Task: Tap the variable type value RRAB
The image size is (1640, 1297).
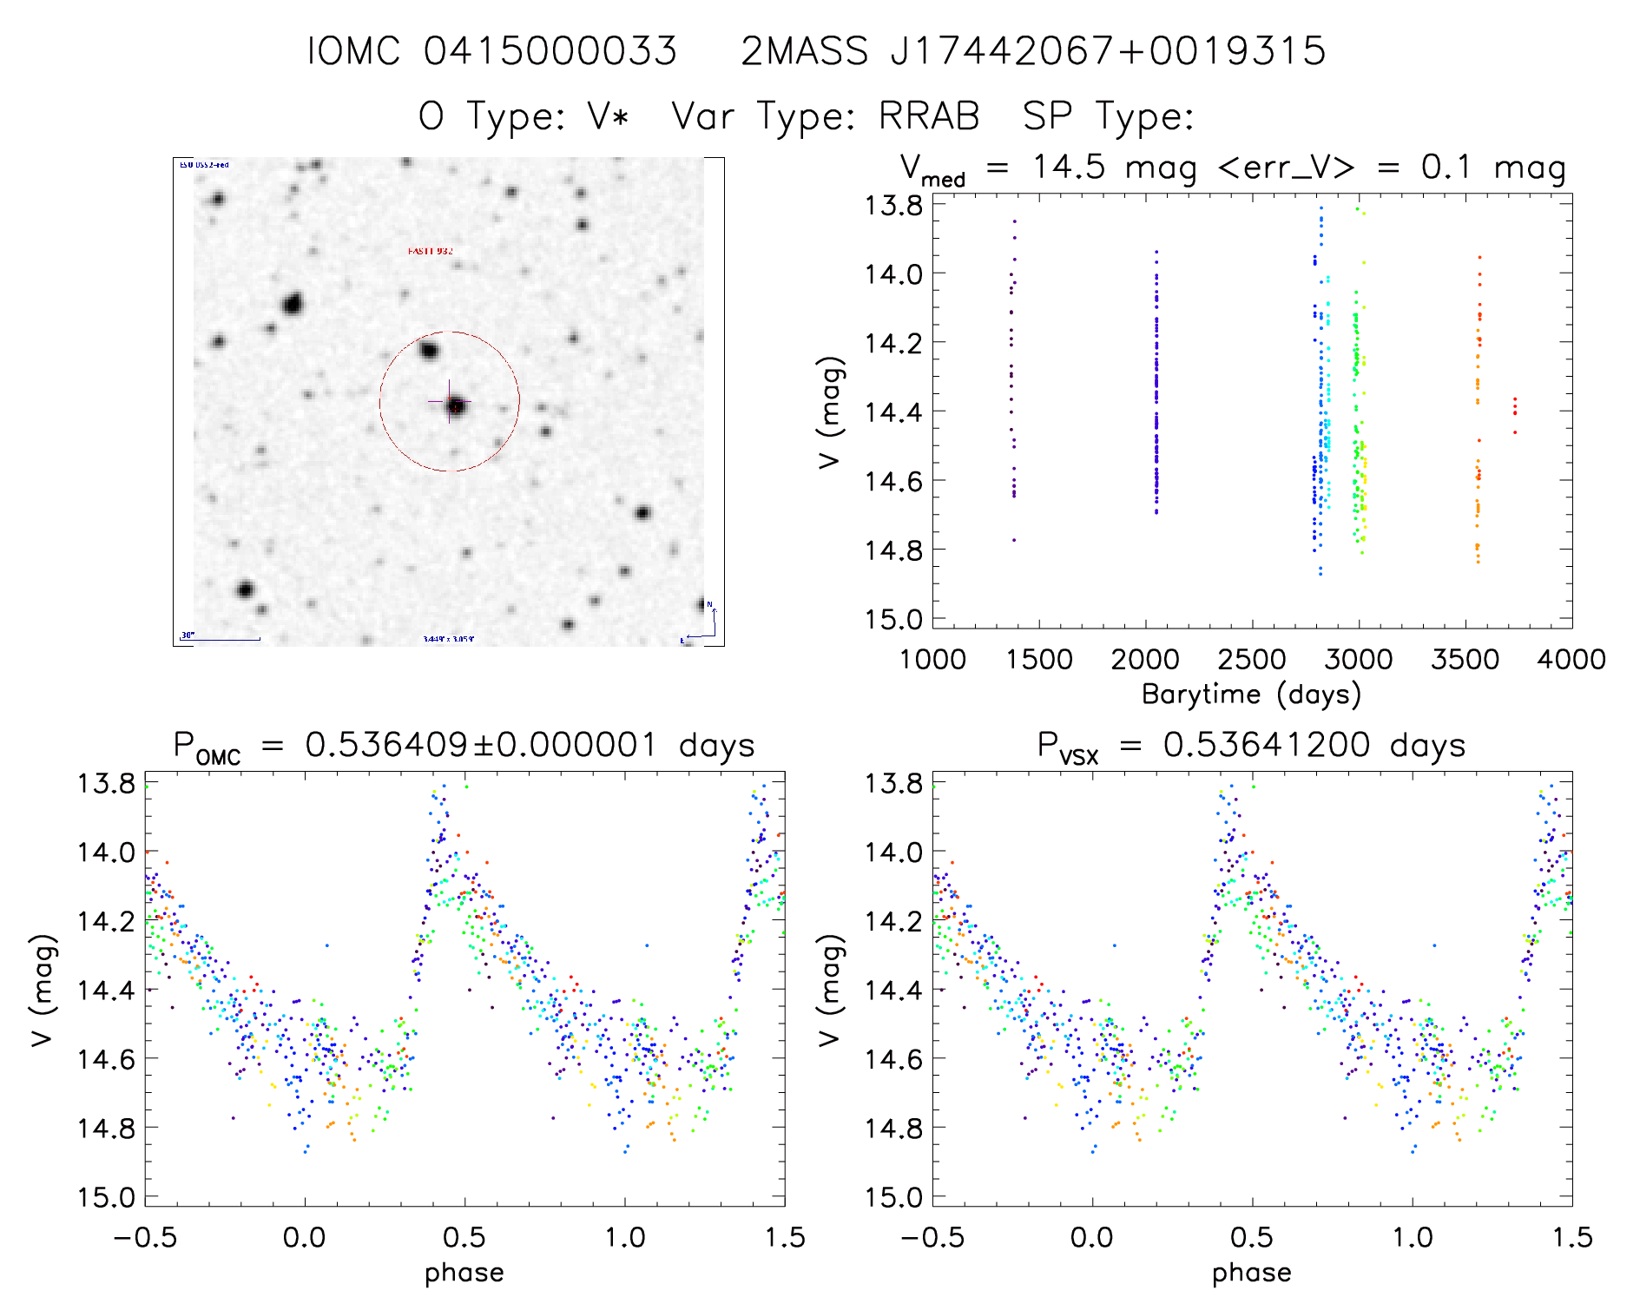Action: (x=929, y=116)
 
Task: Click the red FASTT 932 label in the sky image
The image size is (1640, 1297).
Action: (x=431, y=251)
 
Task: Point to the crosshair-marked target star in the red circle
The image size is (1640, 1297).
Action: (x=455, y=405)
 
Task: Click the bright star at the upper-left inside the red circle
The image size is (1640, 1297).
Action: (x=428, y=351)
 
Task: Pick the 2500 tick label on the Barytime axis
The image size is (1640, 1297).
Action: (x=1252, y=660)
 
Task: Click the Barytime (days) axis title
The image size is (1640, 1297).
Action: (x=1251, y=695)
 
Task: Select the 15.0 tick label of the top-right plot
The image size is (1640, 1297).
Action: (x=892, y=619)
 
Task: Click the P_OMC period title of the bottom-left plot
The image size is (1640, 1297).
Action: (x=464, y=746)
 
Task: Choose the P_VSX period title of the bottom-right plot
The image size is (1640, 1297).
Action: (x=1251, y=746)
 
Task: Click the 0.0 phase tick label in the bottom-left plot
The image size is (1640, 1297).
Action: (x=305, y=1238)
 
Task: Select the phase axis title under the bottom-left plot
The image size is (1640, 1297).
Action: (x=464, y=1273)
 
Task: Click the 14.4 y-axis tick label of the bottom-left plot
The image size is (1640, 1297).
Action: (x=106, y=990)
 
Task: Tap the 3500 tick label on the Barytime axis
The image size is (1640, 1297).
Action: (x=1465, y=660)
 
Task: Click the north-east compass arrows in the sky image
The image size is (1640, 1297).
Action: (x=703, y=624)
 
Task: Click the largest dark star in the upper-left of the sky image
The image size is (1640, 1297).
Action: (x=293, y=304)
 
